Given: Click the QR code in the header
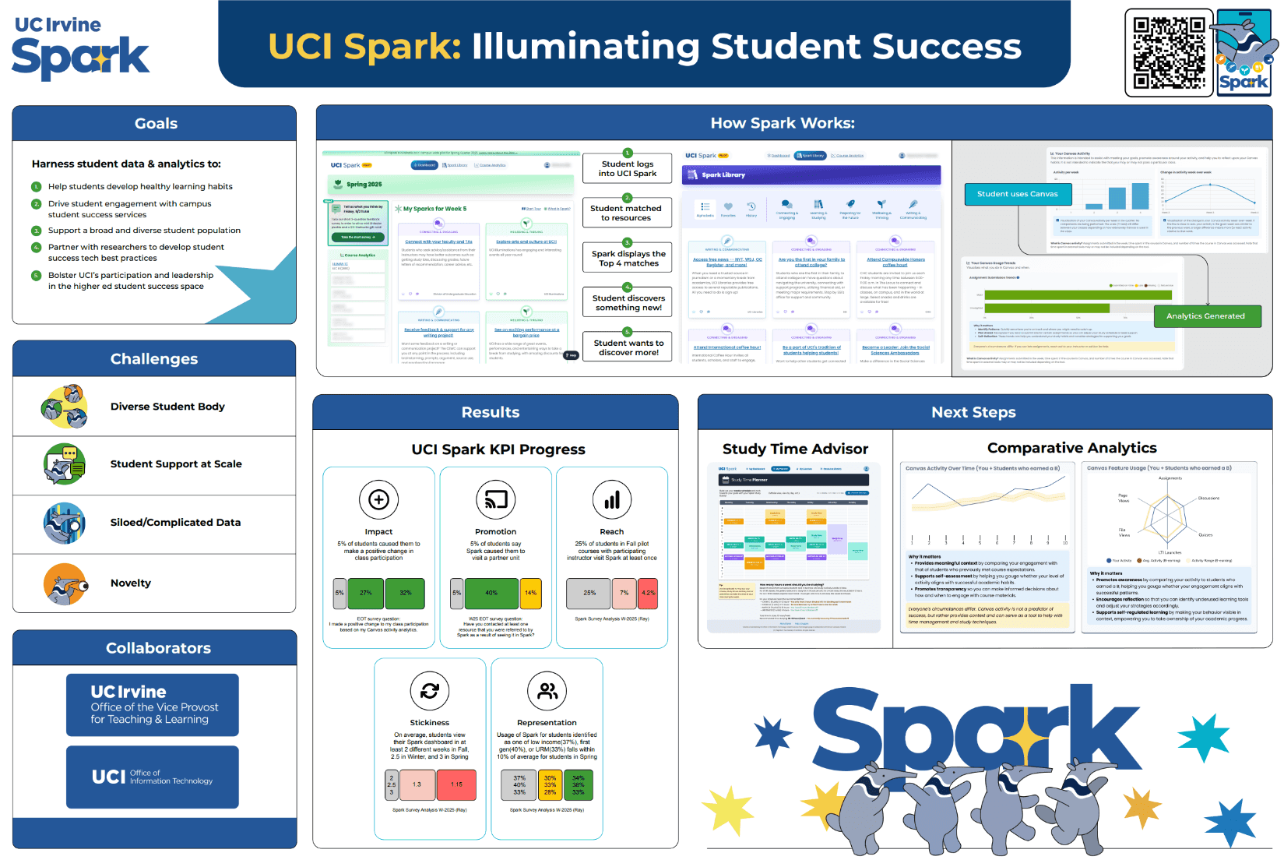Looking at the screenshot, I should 1169,53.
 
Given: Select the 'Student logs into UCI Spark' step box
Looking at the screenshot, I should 627,169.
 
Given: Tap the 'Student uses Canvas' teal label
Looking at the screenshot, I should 1017,194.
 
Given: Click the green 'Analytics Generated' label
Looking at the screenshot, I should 1205,316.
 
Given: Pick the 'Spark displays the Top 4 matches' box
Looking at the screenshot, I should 628,259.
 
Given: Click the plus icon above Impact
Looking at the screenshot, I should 378,499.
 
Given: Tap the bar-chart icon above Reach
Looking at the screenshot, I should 612,499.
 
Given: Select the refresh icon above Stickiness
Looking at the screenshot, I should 429,690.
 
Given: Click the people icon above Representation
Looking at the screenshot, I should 547,690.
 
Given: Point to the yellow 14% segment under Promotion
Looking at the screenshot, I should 530,594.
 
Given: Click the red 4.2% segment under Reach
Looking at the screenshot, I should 648,594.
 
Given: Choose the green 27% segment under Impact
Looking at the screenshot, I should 365,594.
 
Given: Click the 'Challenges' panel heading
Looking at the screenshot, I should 154,359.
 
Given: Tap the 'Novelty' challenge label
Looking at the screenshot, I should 131,583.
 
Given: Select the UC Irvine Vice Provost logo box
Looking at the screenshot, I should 153,705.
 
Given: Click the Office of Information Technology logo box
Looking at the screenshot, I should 153,777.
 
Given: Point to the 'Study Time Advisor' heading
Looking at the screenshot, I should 795,449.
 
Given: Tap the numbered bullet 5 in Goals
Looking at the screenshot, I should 36,276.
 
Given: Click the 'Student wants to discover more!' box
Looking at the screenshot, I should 628,347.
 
